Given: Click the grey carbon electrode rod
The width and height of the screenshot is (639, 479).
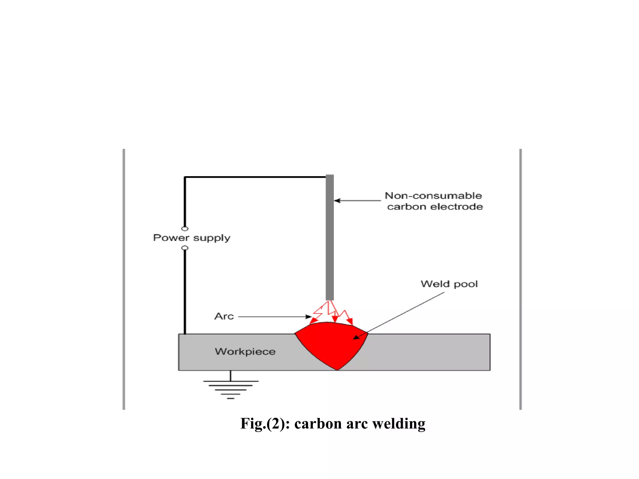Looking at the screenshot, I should tap(329, 237).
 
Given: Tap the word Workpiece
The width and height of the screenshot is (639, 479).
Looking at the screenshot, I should tap(245, 351).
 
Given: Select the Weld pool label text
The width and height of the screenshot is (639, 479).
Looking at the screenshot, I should tap(449, 284).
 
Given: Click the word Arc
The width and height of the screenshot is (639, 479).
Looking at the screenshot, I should tap(224, 316).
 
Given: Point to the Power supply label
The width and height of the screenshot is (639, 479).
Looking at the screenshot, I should tap(192, 238).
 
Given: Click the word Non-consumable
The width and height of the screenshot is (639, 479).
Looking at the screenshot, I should tap(433, 196).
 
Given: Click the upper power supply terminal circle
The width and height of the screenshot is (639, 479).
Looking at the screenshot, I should tap(185, 229).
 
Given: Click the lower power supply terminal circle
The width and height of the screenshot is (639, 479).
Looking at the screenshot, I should tap(185, 248).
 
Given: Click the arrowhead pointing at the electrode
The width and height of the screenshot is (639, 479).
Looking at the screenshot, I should tap(337, 201).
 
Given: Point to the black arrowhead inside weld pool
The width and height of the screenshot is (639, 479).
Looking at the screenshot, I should tap(356, 337).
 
